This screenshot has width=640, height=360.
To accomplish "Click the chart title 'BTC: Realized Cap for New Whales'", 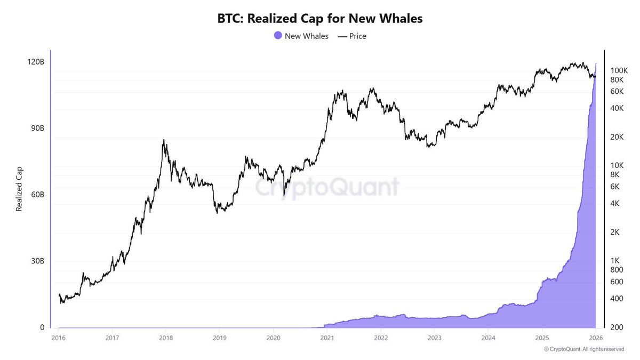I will (x=319, y=18).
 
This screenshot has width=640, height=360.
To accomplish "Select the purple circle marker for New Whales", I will (x=277, y=36).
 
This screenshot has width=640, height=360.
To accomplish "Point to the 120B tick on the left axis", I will (x=35, y=62).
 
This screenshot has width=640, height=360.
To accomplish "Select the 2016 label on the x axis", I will (x=59, y=338).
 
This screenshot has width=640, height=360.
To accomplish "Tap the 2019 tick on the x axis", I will (x=220, y=338).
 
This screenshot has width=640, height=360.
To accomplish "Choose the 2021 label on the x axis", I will (x=327, y=338).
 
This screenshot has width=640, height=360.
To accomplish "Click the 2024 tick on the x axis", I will (x=488, y=338).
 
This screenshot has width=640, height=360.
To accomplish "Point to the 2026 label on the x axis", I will (x=595, y=338).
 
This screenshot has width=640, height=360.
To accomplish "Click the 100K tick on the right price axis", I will (x=619, y=70).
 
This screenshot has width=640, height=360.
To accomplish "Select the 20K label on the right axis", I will (x=617, y=137).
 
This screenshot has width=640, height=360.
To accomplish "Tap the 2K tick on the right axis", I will (x=615, y=233).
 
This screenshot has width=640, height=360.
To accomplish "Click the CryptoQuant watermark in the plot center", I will (x=326, y=187).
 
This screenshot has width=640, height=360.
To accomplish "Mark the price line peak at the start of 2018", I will (x=164, y=140).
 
